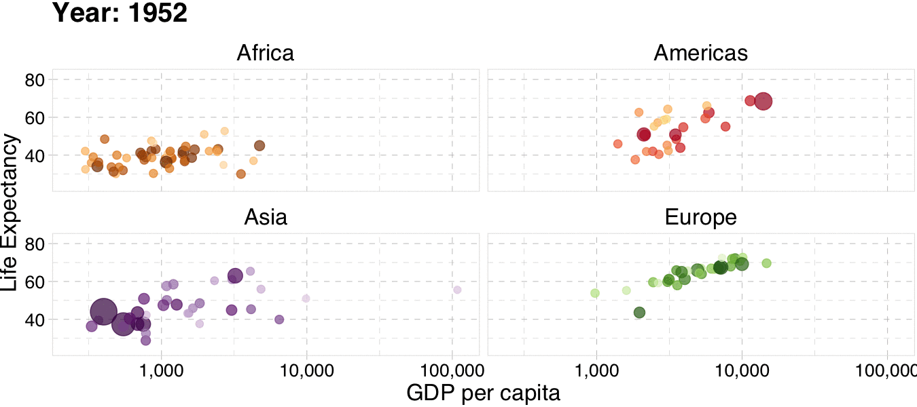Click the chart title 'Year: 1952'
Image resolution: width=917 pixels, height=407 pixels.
pos(120,13)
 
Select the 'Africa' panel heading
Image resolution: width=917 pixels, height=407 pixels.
pos(265,53)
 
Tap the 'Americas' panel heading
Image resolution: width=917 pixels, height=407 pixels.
pos(700,53)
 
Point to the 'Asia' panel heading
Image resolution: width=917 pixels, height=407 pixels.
pos(265,217)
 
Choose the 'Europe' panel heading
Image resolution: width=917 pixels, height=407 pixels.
pos(700,217)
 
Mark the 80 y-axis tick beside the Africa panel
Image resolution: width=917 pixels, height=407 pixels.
pos(34,80)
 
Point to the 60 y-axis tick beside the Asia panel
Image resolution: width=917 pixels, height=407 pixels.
pos(34,282)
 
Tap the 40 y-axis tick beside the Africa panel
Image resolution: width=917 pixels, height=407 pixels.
pos(34,155)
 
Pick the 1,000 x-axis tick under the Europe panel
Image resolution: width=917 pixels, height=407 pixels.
pos(596,370)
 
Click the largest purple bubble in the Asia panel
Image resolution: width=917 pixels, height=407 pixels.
pos(103,311)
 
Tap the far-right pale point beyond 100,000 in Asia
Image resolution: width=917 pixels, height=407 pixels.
pos(457,290)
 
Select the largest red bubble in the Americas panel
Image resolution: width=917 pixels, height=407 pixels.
pos(763,101)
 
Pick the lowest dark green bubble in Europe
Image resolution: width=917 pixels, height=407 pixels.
pos(639,312)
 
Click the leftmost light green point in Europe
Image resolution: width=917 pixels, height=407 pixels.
pos(595,293)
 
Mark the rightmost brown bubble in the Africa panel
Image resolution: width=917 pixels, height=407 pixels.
pos(259,145)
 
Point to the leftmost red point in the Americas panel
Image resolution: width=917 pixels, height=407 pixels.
pos(617,144)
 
